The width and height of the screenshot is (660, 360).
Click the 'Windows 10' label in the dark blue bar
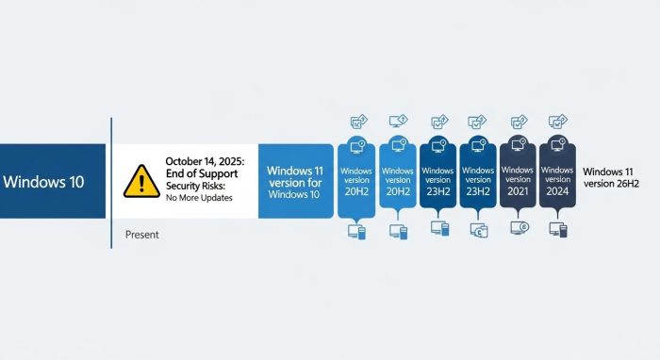click(43, 181)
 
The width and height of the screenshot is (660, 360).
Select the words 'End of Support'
click(201, 174)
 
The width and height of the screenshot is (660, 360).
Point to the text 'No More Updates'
click(199, 198)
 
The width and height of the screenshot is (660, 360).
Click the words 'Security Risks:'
click(197, 187)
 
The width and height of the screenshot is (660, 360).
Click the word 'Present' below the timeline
click(142, 233)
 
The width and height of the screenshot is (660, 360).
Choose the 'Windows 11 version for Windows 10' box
click(295, 181)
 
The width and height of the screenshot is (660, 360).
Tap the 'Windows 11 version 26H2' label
click(611, 177)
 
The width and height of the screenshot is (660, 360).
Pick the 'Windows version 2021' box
click(518, 179)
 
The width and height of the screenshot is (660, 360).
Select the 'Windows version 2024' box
click(558, 179)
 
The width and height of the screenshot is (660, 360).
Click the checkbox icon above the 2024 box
click(558, 122)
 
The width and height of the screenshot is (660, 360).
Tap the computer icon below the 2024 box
click(558, 229)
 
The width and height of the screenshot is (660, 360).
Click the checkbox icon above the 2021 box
click(519, 122)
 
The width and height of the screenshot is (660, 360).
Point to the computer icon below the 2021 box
click(518, 229)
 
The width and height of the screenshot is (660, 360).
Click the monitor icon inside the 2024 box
click(558, 147)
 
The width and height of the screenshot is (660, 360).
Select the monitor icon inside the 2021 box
click(518, 147)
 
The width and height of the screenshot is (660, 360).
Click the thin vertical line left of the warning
click(111, 184)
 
